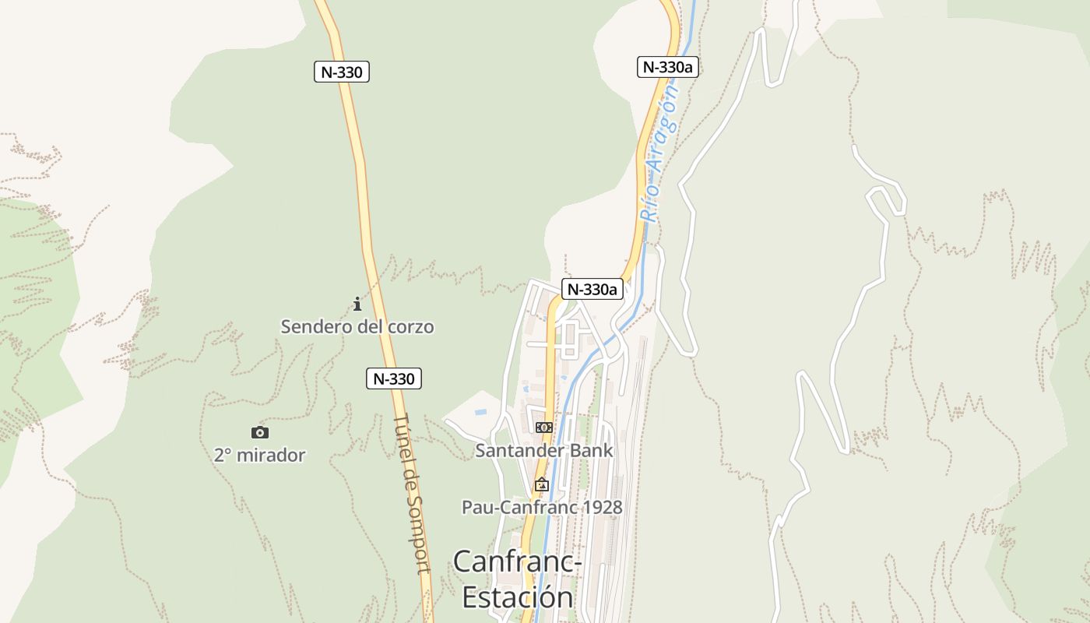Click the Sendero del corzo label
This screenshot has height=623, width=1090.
(357, 326)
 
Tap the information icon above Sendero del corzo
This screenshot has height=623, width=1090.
(357, 304)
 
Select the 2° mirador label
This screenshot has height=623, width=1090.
(259, 455)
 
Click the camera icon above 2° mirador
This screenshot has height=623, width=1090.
(260, 432)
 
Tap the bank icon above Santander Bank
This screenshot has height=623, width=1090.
(544, 428)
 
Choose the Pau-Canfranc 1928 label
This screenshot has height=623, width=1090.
(542, 508)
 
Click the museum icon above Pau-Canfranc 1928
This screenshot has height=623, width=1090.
(542, 485)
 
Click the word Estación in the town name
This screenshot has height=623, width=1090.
(518, 597)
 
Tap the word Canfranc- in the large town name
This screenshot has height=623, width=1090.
(518, 561)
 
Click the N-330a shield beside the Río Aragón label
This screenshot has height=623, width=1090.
(667, 67)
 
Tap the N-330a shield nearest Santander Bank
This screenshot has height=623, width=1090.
(592, 290)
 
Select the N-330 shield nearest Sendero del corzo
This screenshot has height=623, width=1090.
(394, 379)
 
